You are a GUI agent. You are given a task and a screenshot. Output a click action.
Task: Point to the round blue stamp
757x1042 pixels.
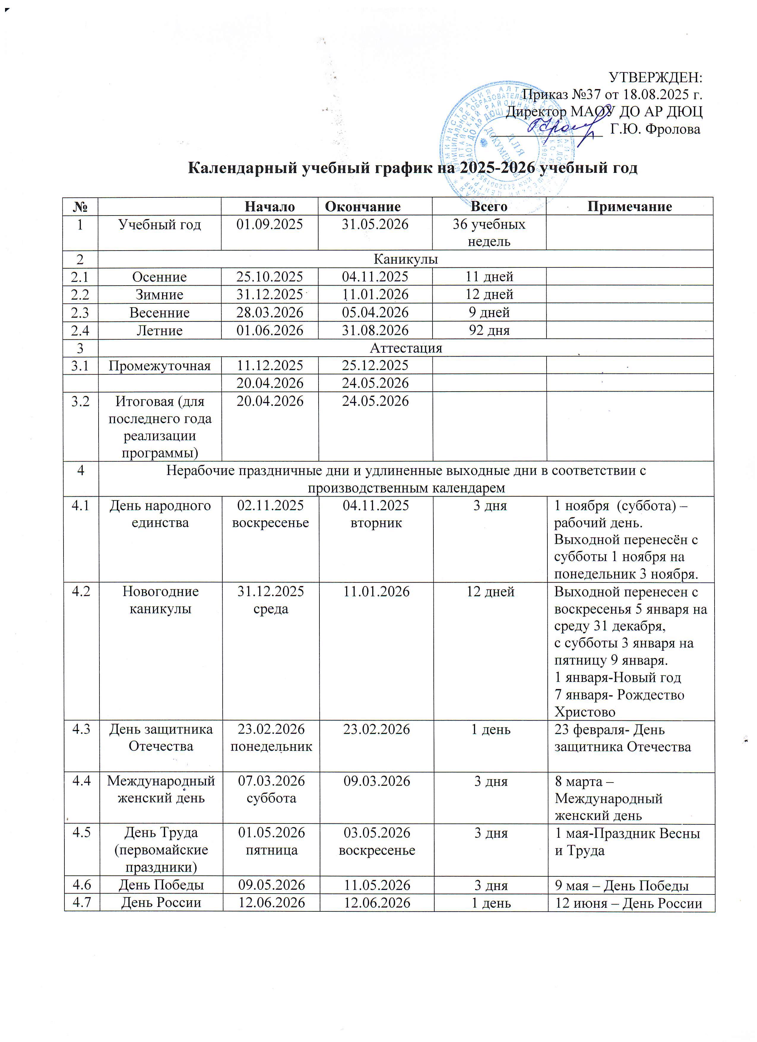pos(508,147)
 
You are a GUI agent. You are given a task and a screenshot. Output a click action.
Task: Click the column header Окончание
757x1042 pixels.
pos(362,207)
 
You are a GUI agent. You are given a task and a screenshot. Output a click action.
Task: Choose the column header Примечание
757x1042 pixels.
pos(629,207)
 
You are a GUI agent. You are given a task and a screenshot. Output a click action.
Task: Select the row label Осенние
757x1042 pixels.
pos(159,277)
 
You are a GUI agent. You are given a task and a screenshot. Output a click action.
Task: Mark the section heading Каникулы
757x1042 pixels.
pos(406,259)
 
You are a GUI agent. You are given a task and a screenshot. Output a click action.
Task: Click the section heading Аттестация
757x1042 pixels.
pos(406,348)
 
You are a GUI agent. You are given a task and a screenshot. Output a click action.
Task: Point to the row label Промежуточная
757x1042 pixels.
pos(159,366)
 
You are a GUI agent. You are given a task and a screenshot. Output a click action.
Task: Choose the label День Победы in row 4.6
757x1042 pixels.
pos(161,885)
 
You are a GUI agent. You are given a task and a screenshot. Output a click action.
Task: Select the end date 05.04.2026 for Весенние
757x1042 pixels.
pos(375,312)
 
